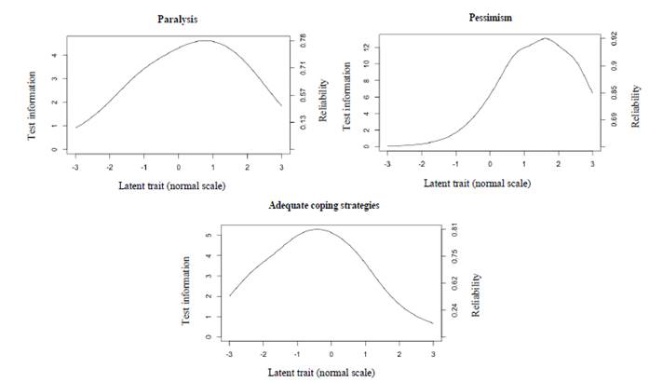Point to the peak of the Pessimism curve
(x=546, y=38)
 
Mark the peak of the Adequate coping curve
(x=316, y=229)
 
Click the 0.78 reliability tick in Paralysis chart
(x=301, y=39)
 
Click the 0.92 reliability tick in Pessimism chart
(x=615, y=37)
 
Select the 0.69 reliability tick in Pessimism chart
(x=615, y=118)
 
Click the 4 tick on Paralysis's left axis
(x=56, y=55)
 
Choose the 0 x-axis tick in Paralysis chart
(x=178, y=168)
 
